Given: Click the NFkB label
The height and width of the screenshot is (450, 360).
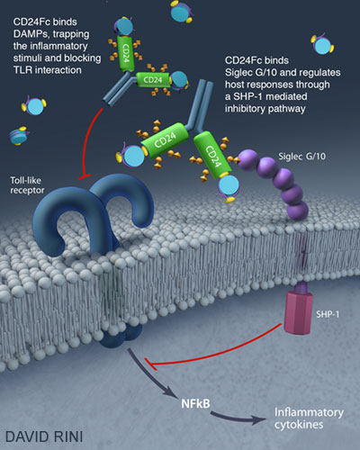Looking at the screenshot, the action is click(x=195, y=403).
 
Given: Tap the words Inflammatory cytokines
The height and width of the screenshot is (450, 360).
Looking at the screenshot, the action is click(x=309, y=418).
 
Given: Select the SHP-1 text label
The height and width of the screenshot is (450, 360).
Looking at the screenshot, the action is click(x=328, y=314).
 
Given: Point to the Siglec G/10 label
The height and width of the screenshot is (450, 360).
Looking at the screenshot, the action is click(x=302, y=157).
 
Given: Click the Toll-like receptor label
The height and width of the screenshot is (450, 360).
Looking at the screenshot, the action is click(x=27, y=185).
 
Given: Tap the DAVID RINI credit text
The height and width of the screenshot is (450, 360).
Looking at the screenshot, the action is click(x=44, y=436).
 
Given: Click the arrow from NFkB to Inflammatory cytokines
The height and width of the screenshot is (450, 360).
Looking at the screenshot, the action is click(x=237, y=418).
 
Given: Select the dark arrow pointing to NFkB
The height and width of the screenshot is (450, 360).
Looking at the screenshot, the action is click(x=150, y=375).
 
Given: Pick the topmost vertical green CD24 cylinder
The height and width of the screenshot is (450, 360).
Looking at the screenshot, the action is click(x=125, y=53).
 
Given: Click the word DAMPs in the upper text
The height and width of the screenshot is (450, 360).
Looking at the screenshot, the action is click(x=31, y=34).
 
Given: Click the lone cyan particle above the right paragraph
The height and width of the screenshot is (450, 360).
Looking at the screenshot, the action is click(x=322, y=45).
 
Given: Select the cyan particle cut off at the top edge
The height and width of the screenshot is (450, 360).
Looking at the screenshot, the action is click(x=182, y=12).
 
